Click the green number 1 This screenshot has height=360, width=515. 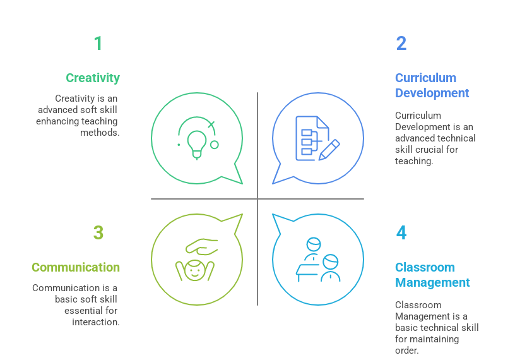[98, 44]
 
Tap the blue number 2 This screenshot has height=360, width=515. [401, 44]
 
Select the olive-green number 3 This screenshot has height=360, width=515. [98, 233]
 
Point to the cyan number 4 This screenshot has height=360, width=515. [401, 233]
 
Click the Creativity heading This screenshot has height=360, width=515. [93, 78]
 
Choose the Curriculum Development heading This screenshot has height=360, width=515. [432, 85]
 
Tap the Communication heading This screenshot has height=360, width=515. [76, 267]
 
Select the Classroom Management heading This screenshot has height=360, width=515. [432, 275]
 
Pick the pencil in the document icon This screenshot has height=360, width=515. [329, 150]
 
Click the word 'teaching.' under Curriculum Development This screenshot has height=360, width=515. [414, 161]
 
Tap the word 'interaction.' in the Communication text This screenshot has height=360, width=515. [96, 322]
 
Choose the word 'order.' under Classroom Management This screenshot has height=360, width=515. [407, 351]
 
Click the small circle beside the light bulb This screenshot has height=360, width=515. [215, 145]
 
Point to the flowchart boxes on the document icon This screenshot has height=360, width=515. [307, 142]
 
